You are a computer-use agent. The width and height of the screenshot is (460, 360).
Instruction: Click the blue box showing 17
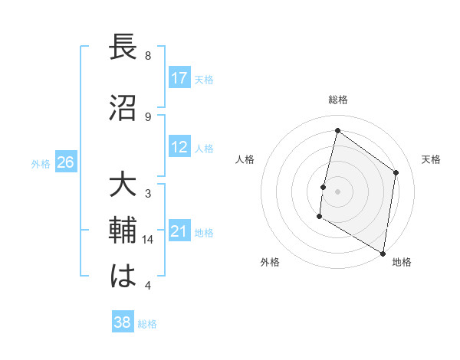click(179, 78)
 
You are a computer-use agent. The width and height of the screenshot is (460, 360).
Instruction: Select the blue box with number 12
click(179, 148)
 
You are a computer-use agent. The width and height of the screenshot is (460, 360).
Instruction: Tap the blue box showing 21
click(179, 232)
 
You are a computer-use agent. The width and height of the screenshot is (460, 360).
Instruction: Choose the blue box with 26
click(66, 162)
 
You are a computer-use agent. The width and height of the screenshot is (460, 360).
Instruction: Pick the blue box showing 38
click(123, 322)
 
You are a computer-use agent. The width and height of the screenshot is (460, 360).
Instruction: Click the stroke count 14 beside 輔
click(149, 240)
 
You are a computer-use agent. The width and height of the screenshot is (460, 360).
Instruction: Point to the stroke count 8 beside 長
click(148, 56)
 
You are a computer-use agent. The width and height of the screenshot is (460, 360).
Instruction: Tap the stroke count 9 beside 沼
click(148, 116)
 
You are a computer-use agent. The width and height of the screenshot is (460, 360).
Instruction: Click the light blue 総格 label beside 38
click(147, 324)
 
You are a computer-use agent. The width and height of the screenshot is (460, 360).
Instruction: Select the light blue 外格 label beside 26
click(41, 163)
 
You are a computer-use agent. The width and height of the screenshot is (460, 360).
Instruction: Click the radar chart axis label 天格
click(431, 159)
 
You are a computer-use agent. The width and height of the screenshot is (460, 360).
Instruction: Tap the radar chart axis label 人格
click(245, 159)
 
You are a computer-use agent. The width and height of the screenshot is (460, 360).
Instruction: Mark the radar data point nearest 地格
click(383, 253)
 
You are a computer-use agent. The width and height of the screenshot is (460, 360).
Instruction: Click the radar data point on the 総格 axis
click(337, 131)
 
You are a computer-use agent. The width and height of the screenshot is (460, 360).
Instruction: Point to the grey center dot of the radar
click(337, 191)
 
